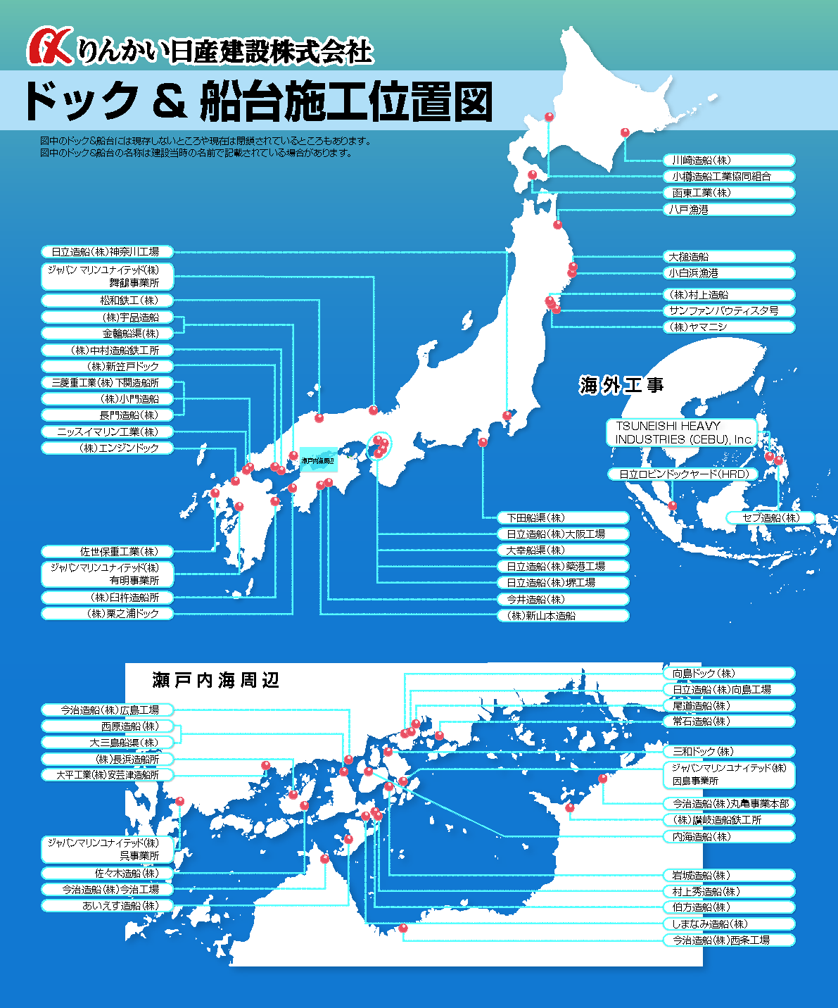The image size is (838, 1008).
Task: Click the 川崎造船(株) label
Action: click(728, 160)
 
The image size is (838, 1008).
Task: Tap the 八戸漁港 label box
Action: click(728, 210)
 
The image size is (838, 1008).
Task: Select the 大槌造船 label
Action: click(728, 257)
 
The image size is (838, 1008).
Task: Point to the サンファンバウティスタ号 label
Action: click(728, 310)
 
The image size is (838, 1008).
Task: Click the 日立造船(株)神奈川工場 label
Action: click(107, 251)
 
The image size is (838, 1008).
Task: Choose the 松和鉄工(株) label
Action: click(107, 301)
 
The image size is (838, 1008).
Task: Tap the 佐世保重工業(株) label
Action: click(107, 552)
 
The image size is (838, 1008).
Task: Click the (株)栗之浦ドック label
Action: click(107, 614)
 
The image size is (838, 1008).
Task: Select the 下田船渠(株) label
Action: click(563, 518)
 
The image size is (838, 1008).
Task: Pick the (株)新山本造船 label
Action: click(563, 616)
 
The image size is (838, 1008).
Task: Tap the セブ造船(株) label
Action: click(770, 518)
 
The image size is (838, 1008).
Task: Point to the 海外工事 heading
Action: click(621, 385)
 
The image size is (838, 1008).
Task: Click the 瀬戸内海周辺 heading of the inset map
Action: click(216, 680)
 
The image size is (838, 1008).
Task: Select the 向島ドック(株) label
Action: click(728, 674)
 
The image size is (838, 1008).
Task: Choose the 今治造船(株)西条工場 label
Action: click(728, 940)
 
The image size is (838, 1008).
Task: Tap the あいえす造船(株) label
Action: click(107, 906)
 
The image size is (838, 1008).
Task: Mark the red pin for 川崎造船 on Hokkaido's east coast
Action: click(625, 132)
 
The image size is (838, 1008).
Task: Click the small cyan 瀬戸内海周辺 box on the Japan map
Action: click(318, 460)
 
